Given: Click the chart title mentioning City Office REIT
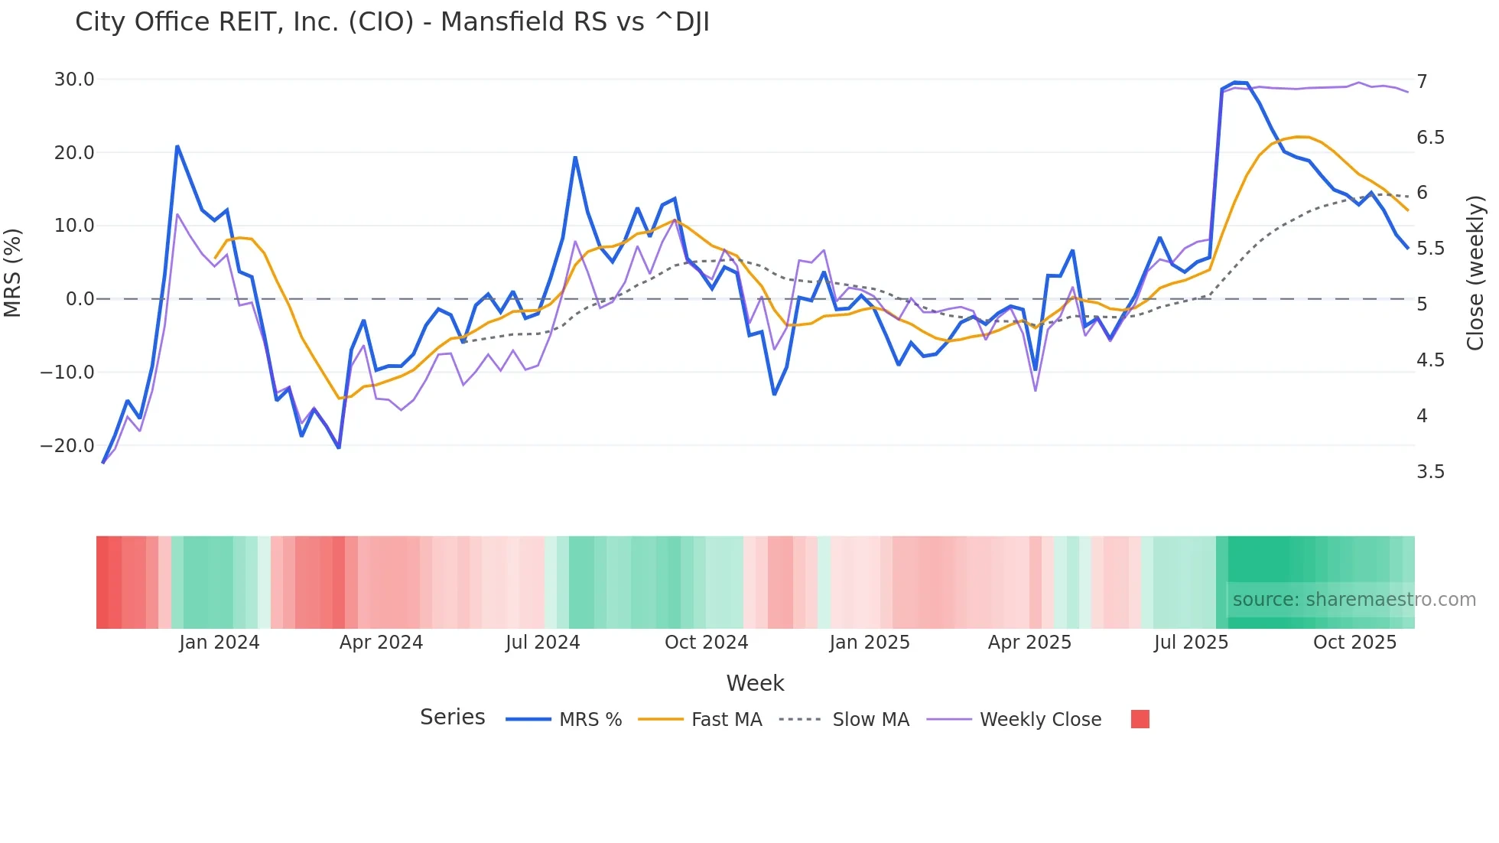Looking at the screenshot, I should [x=392, y=22].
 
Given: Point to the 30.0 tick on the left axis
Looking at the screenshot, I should [x=74, y=80].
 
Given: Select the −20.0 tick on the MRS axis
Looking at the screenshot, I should [x=67, y=446].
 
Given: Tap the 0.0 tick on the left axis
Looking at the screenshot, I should [x=80, y=299].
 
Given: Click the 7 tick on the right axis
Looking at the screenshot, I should [x=1422, y=82].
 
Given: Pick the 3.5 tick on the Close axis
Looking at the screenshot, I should [x=1430, y=472].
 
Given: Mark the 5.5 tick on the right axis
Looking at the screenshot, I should [x=1430, y=249].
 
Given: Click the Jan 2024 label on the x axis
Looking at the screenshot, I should [x=219, y=643].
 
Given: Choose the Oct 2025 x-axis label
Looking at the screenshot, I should [x=1354, y=643].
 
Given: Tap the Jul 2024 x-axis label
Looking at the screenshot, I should [x=542, y=643].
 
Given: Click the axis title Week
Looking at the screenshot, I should [x=755, y=683].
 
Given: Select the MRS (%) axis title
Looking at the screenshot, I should [x=13, y=272].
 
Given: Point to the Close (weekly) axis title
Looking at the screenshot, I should [x=1475, y=273].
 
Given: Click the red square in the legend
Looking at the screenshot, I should [x=1140, y=719].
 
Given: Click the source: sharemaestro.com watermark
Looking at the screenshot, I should [x=1354, y=600].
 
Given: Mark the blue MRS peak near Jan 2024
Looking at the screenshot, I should [x=177, y=147].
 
